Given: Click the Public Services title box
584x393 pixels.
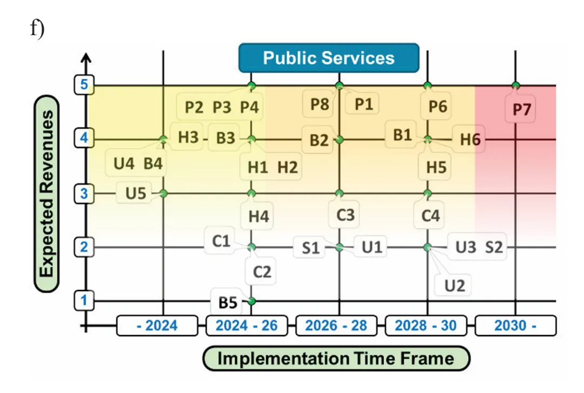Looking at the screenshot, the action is (x=329, y=58).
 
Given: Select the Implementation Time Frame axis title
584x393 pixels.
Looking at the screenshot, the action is (x=336, y=358).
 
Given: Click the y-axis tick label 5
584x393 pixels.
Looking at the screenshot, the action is (x=84, y=85).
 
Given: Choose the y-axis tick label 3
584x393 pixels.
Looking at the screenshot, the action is (x=84, y=193).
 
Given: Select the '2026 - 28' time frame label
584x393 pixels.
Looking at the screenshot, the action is (x=336, y=326).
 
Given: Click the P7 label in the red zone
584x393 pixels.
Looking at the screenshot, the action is (x=521, y=110).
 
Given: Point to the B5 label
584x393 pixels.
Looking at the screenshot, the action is (x=228, y=303).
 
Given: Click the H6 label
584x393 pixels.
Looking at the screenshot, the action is (x=470, y=139).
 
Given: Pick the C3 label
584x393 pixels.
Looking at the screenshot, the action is (x=345, y=215).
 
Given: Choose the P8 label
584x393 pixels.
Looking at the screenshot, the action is (x=320, y=104).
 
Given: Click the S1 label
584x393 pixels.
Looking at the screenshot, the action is (x=310, y=248).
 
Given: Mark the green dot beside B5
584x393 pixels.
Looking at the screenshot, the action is (x=251, y=301).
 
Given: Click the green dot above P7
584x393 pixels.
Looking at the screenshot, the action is (x=515, y=85).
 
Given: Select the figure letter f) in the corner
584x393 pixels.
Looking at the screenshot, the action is (x=37, y=28).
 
